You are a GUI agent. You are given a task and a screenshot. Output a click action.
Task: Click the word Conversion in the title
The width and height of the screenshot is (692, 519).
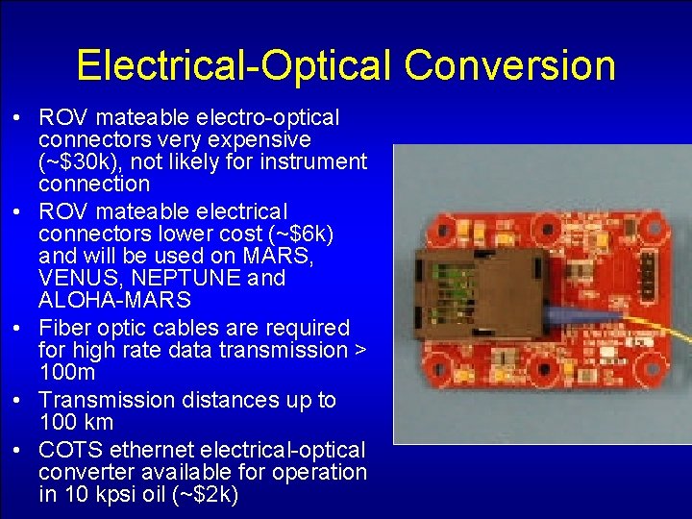tap(509, 65)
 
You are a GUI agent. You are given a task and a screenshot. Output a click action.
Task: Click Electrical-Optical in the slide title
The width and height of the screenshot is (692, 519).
tap(234, 65)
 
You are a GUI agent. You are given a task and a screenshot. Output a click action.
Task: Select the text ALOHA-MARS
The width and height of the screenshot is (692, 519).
tap(114, 301)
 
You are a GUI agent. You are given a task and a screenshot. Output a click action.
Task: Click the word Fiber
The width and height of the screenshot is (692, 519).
tap(63, 328)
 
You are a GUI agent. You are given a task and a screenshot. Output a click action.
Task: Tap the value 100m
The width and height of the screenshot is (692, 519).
tap(67, 372)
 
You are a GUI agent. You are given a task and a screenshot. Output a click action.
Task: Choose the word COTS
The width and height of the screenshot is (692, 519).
tap(71, 449)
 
